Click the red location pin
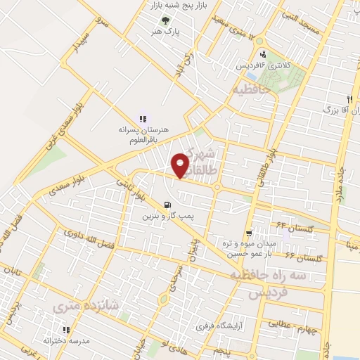pyautogui.click(x=181, y=165)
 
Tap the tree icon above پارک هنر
pyautogui.click(x=165, y=20)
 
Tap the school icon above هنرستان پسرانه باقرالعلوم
pyautogui.click(x=143, y=119)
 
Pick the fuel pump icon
pyautogui.click(x=167, y=205)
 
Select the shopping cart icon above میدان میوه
pyautogui.click(x=249, y=233)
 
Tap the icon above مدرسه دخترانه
pyautogui.click(x=65, y=330)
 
